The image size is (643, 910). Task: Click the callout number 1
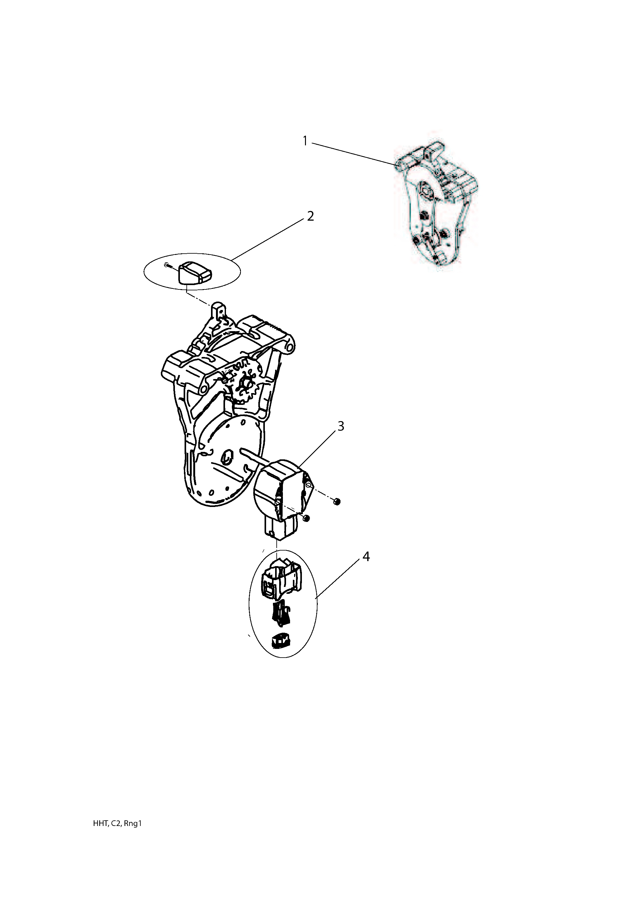point(305,141)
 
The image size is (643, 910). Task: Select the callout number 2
point(310,216)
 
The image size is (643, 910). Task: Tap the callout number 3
point(340,426)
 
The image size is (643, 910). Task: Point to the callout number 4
point(366,557)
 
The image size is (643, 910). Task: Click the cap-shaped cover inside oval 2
point(194,273)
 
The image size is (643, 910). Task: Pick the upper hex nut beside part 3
point(337,502)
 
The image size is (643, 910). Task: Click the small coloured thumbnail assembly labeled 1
point(436,204)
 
